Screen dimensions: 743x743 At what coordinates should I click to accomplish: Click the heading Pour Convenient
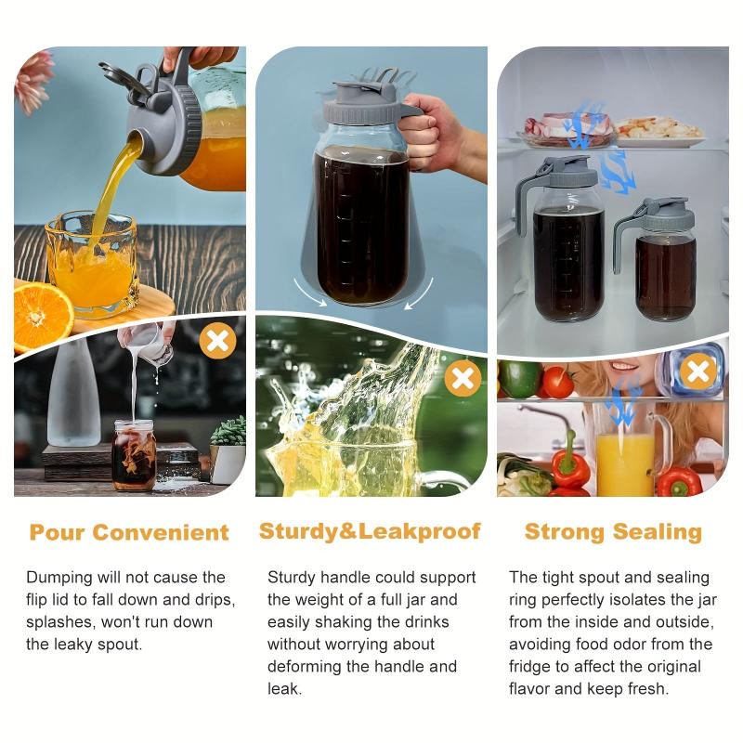coord(129,532)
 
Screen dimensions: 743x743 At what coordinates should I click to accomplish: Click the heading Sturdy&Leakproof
coord(370,531)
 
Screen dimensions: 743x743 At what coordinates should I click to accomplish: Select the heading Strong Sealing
coord(613,531)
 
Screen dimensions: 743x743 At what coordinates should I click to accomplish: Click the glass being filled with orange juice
coord(92,265)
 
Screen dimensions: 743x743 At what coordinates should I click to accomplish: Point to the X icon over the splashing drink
coord(463,378)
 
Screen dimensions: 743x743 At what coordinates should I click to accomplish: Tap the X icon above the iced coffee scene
coord(217,340)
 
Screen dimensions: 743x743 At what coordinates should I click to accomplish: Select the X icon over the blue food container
coord(698,371)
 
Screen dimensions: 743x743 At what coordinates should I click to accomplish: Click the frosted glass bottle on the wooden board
coord(73,394)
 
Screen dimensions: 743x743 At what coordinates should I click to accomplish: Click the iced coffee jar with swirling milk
coord(135,455)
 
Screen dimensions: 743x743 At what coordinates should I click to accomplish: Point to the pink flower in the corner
coord(33,81)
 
